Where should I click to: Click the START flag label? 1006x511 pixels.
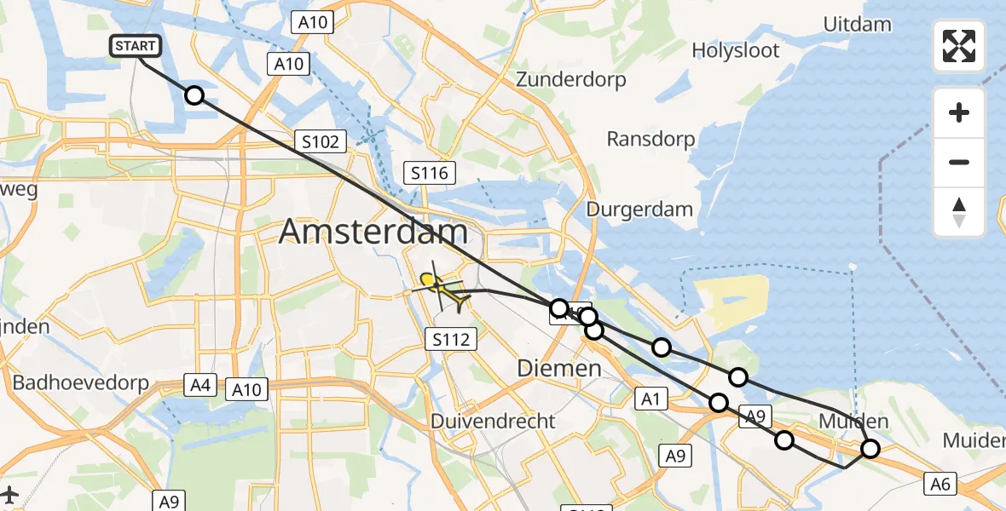(x=135, y=46)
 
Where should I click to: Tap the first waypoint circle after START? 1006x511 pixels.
(x=194, y=95)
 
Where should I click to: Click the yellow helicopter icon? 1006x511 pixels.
(x=440, y=288)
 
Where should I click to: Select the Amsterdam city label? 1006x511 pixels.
(x=373, y=232)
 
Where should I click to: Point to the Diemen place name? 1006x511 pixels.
(x=559, y=368)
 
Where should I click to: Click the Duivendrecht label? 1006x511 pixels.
(x=493, y=421)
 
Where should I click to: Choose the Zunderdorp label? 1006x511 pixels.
(x=570, y=80)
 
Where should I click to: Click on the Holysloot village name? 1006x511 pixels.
(x=735, y=51)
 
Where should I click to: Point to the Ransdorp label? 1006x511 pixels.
(x=650, y=139)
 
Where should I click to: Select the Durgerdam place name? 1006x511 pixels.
(x=644, y=210)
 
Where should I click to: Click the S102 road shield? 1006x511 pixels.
(x=321, y=141)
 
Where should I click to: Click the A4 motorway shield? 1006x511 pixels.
(x=200, y=386)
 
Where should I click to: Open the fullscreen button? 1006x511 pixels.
(x=959, y=46)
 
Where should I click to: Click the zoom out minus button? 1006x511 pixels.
(x=959, y=162)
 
